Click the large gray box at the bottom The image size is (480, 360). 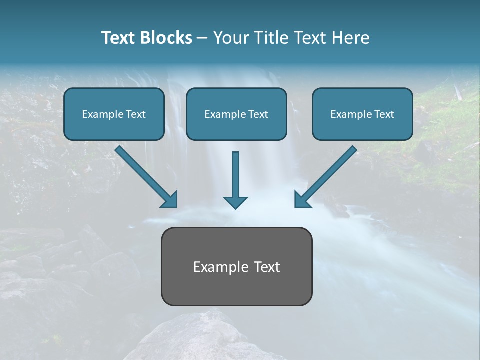[236, 290]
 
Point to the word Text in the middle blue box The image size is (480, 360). [257, 114]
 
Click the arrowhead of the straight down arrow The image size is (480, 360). [235, 202]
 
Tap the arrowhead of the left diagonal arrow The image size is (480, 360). [170, 200]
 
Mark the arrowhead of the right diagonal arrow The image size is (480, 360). [302, 200]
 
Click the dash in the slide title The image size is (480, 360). [202, 38]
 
